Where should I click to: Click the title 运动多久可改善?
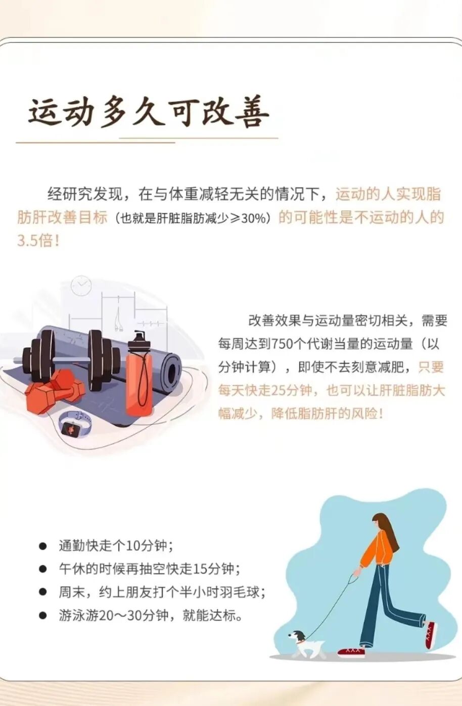point(148,112)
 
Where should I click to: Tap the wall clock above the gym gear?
point(81,286)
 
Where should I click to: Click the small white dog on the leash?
point(306,643)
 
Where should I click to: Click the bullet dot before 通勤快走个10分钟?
point(43,546)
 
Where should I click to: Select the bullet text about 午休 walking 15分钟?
point(149,569)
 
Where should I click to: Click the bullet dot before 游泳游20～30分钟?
point(43,615)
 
